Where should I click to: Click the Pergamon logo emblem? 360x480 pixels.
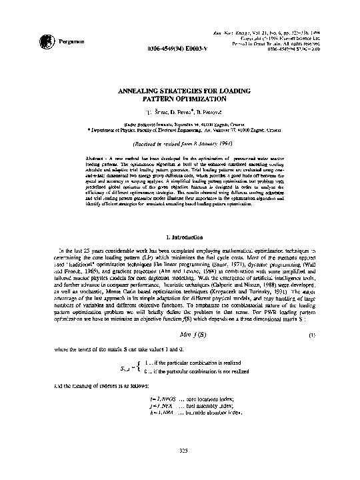click(x=26, y=42)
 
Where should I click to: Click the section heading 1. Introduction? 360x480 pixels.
click(x=181, y=237)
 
